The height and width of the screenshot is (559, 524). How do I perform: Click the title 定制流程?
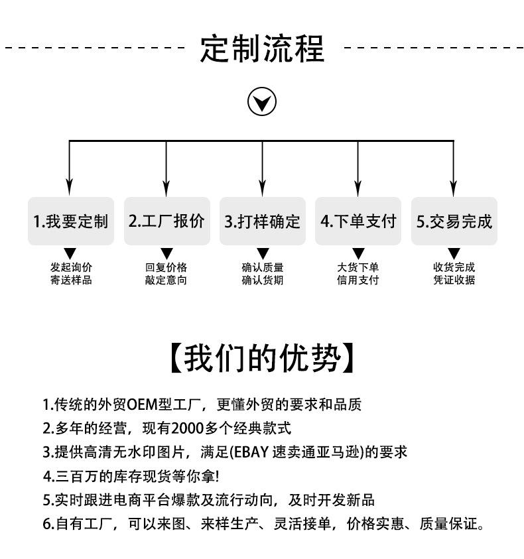coord(262,48)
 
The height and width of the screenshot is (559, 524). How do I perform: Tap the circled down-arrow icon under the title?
coord(262,101)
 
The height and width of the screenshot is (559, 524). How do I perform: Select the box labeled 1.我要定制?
coord(70,221)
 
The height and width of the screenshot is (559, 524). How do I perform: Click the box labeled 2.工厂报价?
coord(166,221)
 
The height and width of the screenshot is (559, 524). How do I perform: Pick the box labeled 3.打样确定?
coord(263,221)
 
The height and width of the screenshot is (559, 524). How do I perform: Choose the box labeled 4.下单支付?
coord(358,221)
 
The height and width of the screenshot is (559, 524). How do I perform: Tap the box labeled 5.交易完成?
coord(454,221)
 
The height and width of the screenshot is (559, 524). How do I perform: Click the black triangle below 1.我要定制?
coord(70,253)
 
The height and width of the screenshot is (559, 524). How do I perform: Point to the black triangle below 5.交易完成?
coord(454,253)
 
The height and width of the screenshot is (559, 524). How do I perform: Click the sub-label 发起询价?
coord(71,267)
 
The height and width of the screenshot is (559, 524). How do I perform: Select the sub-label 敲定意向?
coord(166,280)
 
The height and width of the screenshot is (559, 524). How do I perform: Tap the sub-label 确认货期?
coord(263,280)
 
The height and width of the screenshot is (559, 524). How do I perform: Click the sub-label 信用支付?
coord(358,280)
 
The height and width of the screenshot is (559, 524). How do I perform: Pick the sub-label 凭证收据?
coord(454,280)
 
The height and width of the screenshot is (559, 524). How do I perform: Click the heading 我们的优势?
coord(262,358)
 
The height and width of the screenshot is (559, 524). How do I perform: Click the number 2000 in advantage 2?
coord(188,428)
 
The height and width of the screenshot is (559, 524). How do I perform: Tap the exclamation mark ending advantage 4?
coord(218,476)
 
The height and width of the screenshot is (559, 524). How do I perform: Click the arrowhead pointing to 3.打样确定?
coord(262,188)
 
